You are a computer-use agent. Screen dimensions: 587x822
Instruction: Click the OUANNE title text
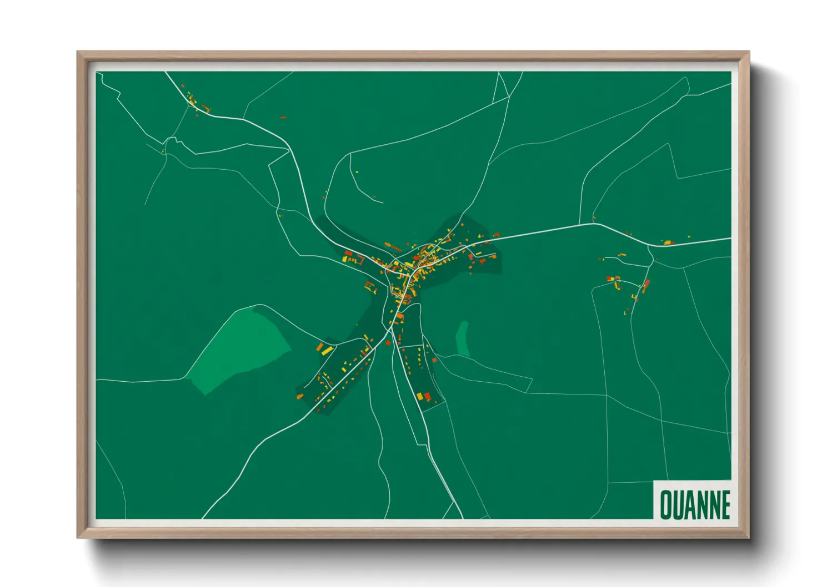click(x=694, y=504)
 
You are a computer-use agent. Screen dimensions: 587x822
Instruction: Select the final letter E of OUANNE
click(x=725, y=505)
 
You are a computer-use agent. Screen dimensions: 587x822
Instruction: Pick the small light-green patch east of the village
click(x=462, y=339)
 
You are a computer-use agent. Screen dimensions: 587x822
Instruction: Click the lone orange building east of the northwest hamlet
click(x=283, y=118)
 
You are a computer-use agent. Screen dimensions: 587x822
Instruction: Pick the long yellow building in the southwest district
click(x=327, y=350)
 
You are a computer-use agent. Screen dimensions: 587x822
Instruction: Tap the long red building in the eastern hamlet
click(x=646, y=286)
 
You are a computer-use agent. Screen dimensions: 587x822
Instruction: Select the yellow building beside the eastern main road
click(x=668, y=242)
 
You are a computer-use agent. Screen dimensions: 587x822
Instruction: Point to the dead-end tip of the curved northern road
click(x=383, y=203)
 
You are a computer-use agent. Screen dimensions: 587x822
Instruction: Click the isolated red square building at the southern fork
click(x=388, y=343)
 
